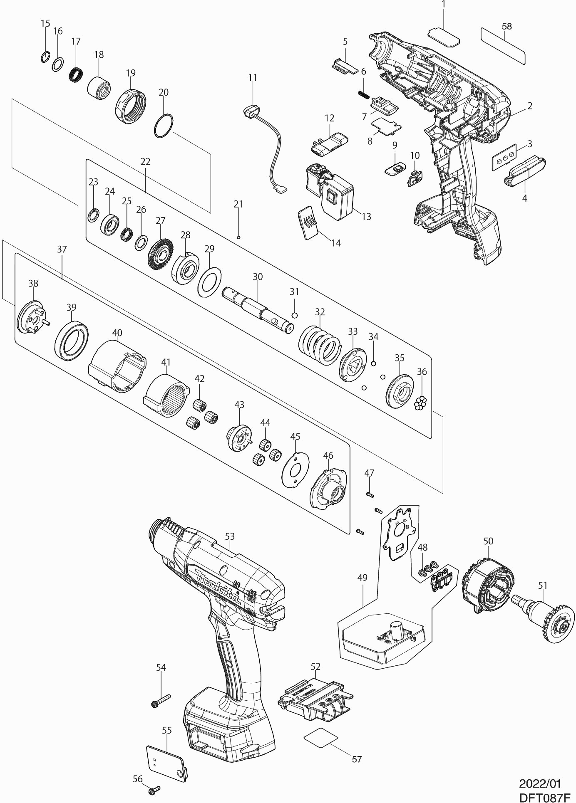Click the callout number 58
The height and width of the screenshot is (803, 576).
tap(506, 26)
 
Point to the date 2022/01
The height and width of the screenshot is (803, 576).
tap(540, 783)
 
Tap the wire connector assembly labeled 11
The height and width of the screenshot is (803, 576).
tap(264, 141)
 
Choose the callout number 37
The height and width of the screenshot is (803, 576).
tap(62, 250)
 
